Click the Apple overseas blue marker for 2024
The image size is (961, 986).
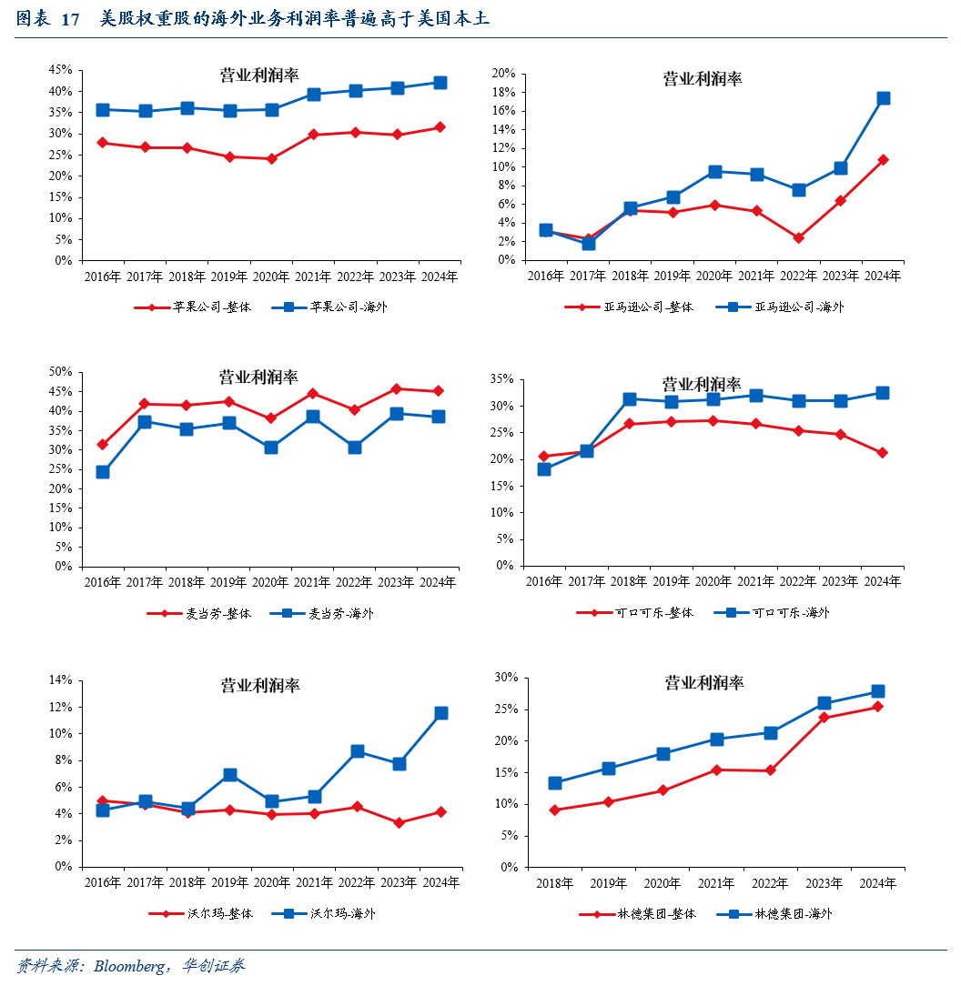(440, 83)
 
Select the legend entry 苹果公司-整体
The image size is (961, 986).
(193, 307)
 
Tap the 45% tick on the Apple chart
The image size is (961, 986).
(60, 70)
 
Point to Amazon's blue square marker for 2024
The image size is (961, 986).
(883, 98)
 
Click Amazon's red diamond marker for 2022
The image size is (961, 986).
(798, 237)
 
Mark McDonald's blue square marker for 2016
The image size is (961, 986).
(103, 472)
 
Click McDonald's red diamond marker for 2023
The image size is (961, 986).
(396, 388)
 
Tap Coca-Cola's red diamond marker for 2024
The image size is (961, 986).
(883, 452)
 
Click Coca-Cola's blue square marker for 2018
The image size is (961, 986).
(629, 399)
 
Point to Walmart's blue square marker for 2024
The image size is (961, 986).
(441, 713)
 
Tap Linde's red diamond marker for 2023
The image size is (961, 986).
(824, 718)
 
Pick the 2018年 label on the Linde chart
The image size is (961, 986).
(554, 883)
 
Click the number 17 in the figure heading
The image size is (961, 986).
(71, 19)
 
